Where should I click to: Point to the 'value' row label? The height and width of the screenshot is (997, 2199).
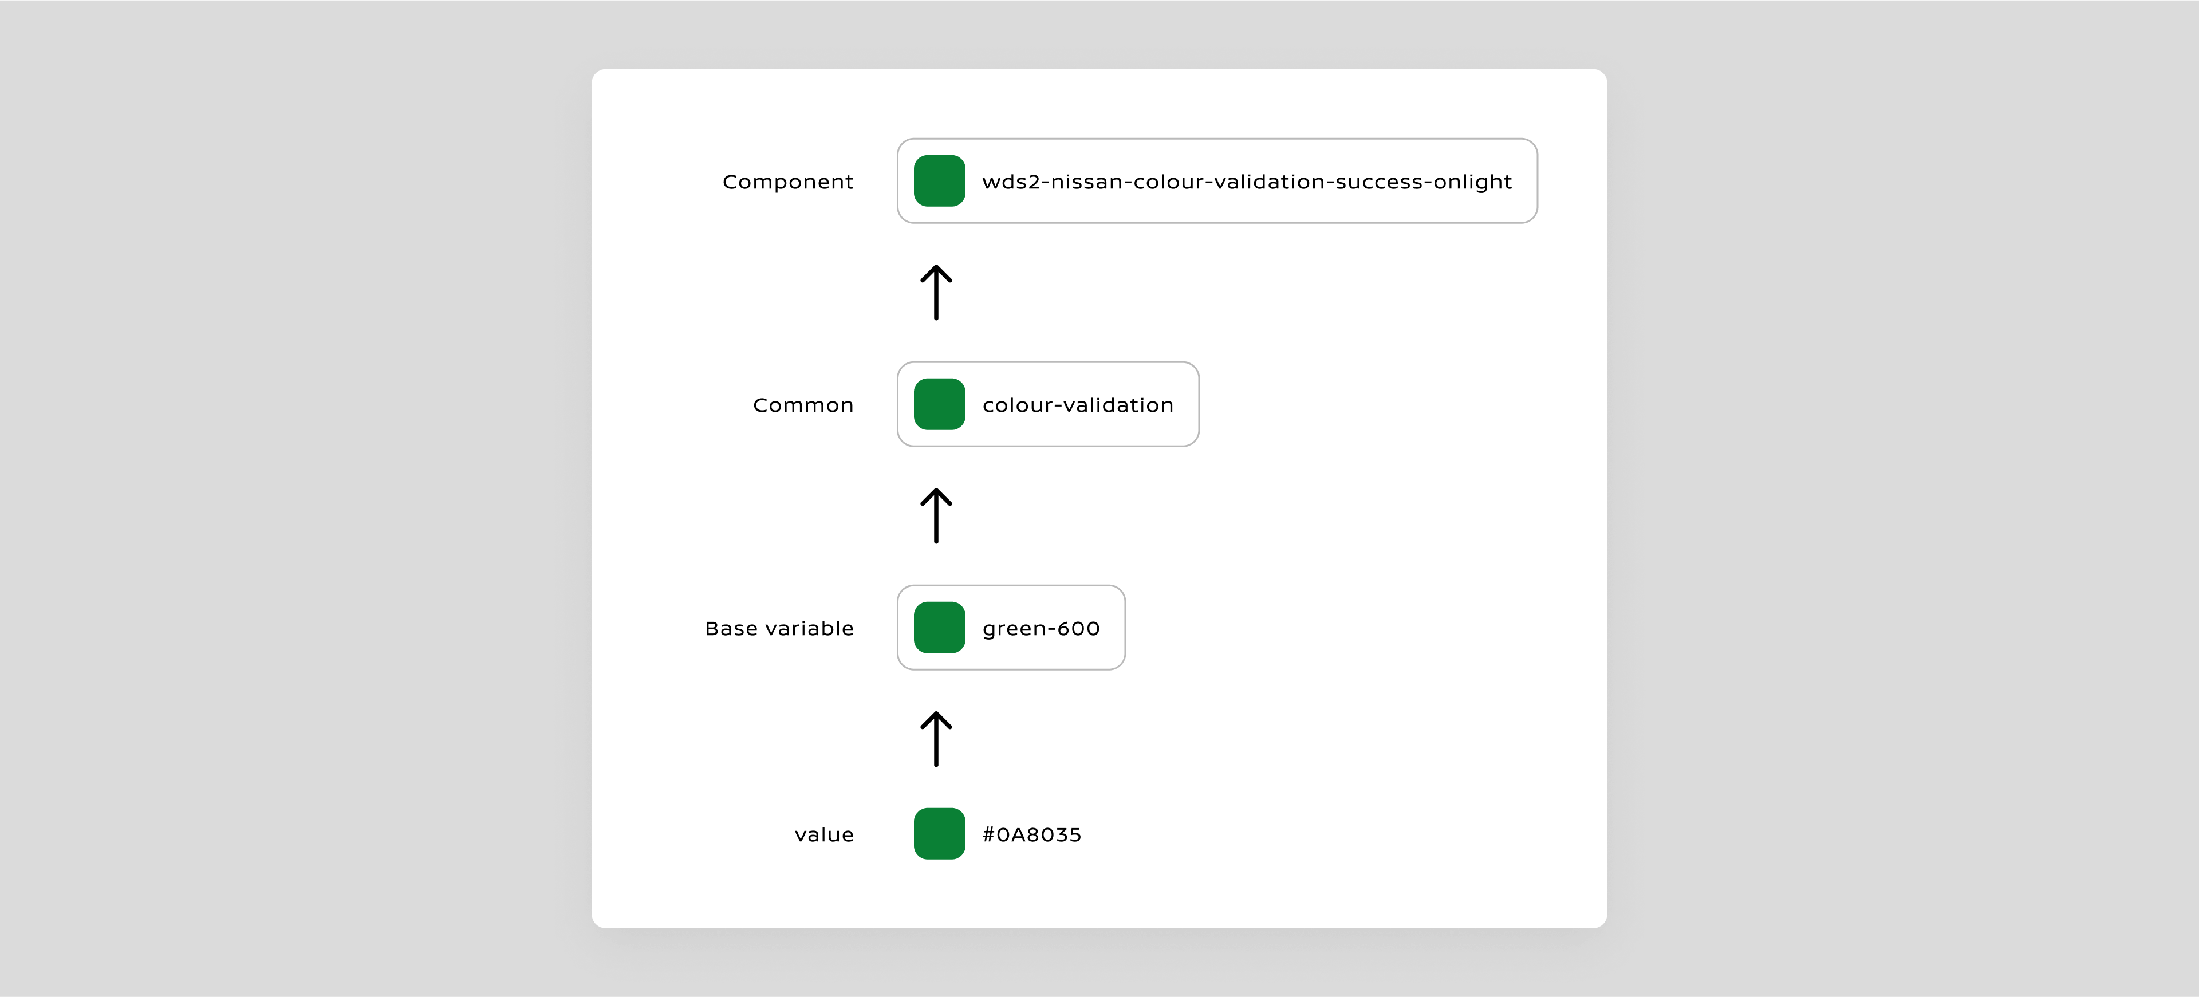824,835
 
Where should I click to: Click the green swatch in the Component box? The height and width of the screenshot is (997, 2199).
939,181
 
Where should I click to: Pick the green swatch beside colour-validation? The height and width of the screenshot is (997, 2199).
939,405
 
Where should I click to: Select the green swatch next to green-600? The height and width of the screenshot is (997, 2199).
939,628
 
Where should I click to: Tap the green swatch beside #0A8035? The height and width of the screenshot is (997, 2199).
939,834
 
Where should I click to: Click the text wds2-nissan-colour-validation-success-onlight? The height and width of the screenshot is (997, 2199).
1246,182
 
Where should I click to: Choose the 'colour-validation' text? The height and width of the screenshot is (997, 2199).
1077,405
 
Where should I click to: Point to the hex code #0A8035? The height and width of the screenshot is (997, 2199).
1031,835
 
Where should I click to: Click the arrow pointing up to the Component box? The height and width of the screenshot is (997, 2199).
936,292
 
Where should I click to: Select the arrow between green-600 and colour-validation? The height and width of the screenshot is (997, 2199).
936,515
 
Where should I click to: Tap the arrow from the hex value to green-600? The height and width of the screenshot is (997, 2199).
936,739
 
